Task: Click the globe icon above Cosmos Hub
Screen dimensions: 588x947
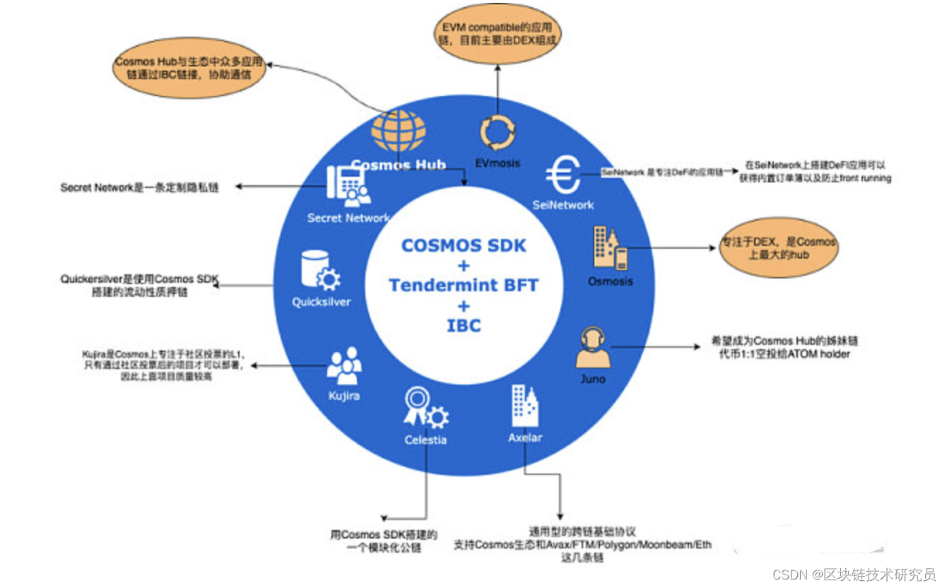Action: click(x=399, y=132)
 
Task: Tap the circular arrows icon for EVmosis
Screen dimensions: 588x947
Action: click(x=496, y=131)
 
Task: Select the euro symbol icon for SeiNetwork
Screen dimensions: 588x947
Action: click(x=563, y=176)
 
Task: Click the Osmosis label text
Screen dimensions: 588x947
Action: click(x=610, y=281)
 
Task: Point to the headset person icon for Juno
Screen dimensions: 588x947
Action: click(x=592, y=348)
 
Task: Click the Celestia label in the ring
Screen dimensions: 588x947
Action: click(x=425, y=440)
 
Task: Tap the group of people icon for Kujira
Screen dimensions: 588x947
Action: click(x=345, y=365)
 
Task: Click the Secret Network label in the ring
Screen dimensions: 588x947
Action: click(x=348, y=218)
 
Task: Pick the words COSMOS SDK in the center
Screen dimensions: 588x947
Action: click(x=464, y=246)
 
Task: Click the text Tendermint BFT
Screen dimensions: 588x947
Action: click(x=464, y=286)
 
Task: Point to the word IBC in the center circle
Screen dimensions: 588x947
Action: click(x=464, y=326)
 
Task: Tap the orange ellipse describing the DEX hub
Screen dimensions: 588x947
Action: click(x=777, y=248)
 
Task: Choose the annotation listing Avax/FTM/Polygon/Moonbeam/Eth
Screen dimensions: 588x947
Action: click(x=583, y=545)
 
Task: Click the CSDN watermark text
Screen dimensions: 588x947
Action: click(x=854, y=574)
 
